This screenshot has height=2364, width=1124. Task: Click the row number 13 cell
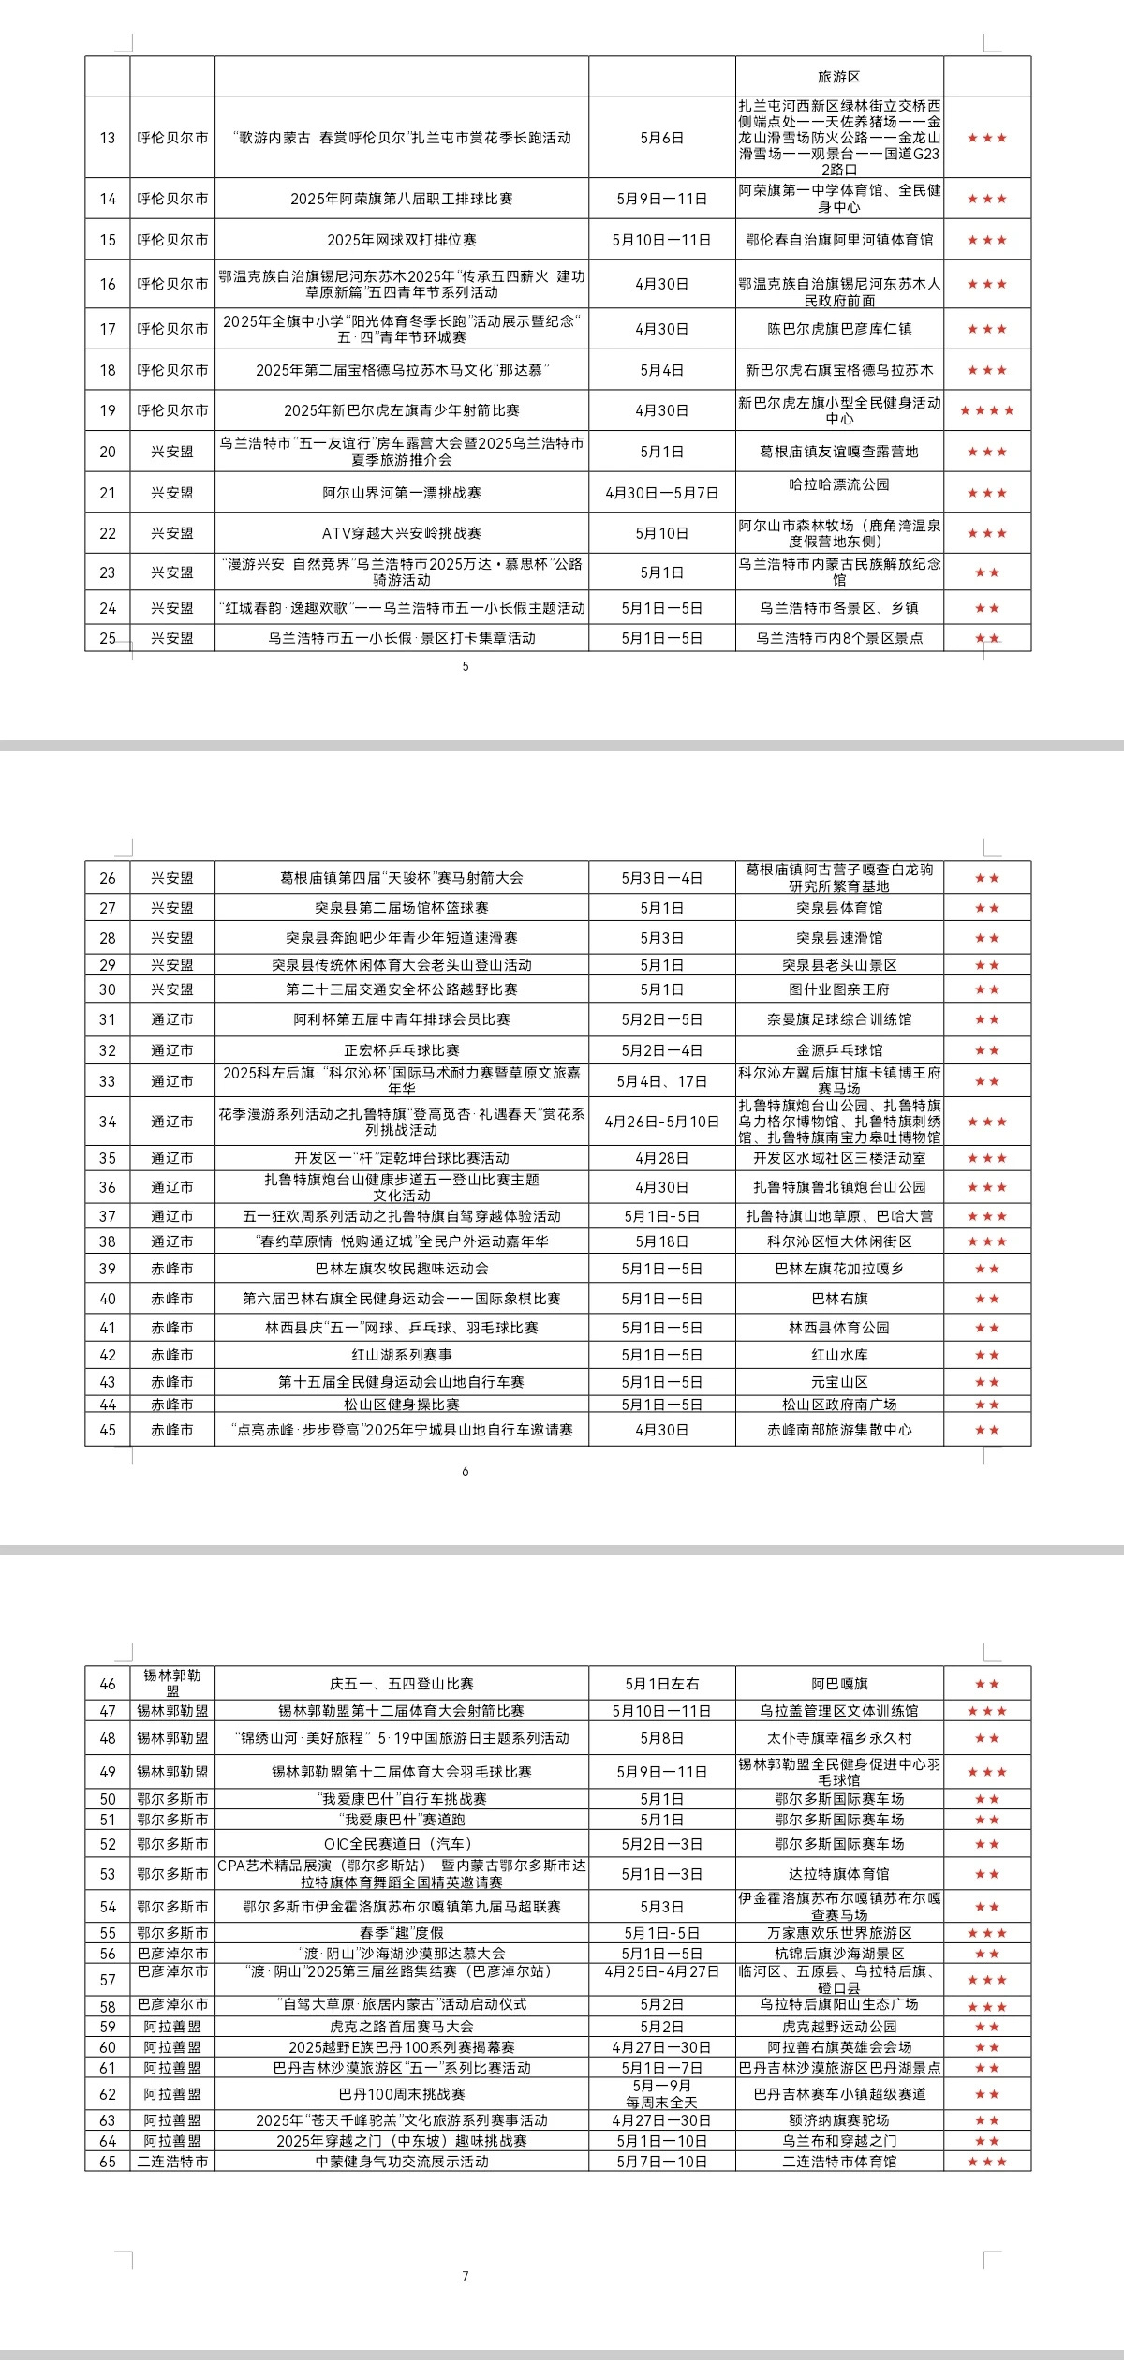click(108, 138)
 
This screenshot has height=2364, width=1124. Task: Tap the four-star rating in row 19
click(986, 410)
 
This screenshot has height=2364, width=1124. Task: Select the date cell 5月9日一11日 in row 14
click(661, 199)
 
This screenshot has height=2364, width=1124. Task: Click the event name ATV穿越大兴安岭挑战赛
click(401, 533)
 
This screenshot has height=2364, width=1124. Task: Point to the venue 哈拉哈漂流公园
click(838, 484)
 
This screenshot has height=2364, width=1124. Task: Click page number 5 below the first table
click(466, 666)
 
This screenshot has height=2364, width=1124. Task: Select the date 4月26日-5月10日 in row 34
click(661, 1122)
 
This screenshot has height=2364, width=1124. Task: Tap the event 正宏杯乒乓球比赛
click(401, 1050)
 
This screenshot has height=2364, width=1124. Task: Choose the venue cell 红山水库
click(838, 1355)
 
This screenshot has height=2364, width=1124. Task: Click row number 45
click(108, 1430)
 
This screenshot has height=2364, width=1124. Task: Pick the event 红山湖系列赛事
click(401, 1355)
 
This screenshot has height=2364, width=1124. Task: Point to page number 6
click(466, 1471)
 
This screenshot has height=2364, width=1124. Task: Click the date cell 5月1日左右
click(661, 1684)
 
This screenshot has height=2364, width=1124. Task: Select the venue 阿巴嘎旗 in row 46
click(838, 1684)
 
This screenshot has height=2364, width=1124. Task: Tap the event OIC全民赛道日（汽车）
click(401, 1844)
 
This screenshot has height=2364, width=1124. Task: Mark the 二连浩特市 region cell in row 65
click(172, 2162)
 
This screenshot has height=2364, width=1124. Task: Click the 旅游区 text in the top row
click(838, 77)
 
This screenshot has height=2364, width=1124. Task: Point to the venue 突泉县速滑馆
click(838, 938)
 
